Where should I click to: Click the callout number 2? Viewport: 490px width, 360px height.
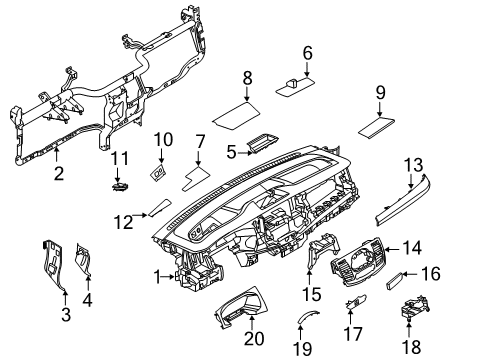click(58, 173)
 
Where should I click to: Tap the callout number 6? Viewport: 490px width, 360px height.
click(308, 53)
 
